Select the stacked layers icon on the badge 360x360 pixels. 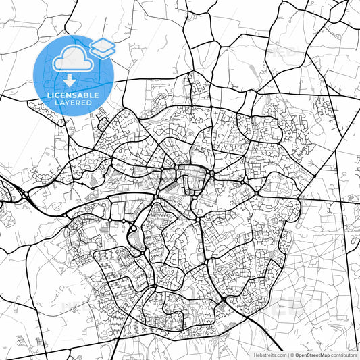[x=102, y=48]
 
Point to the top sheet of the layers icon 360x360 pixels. [x=102, y=45]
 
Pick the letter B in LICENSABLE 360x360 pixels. [x=86, y=96]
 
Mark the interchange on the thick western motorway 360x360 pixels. [x=25, y=196]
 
